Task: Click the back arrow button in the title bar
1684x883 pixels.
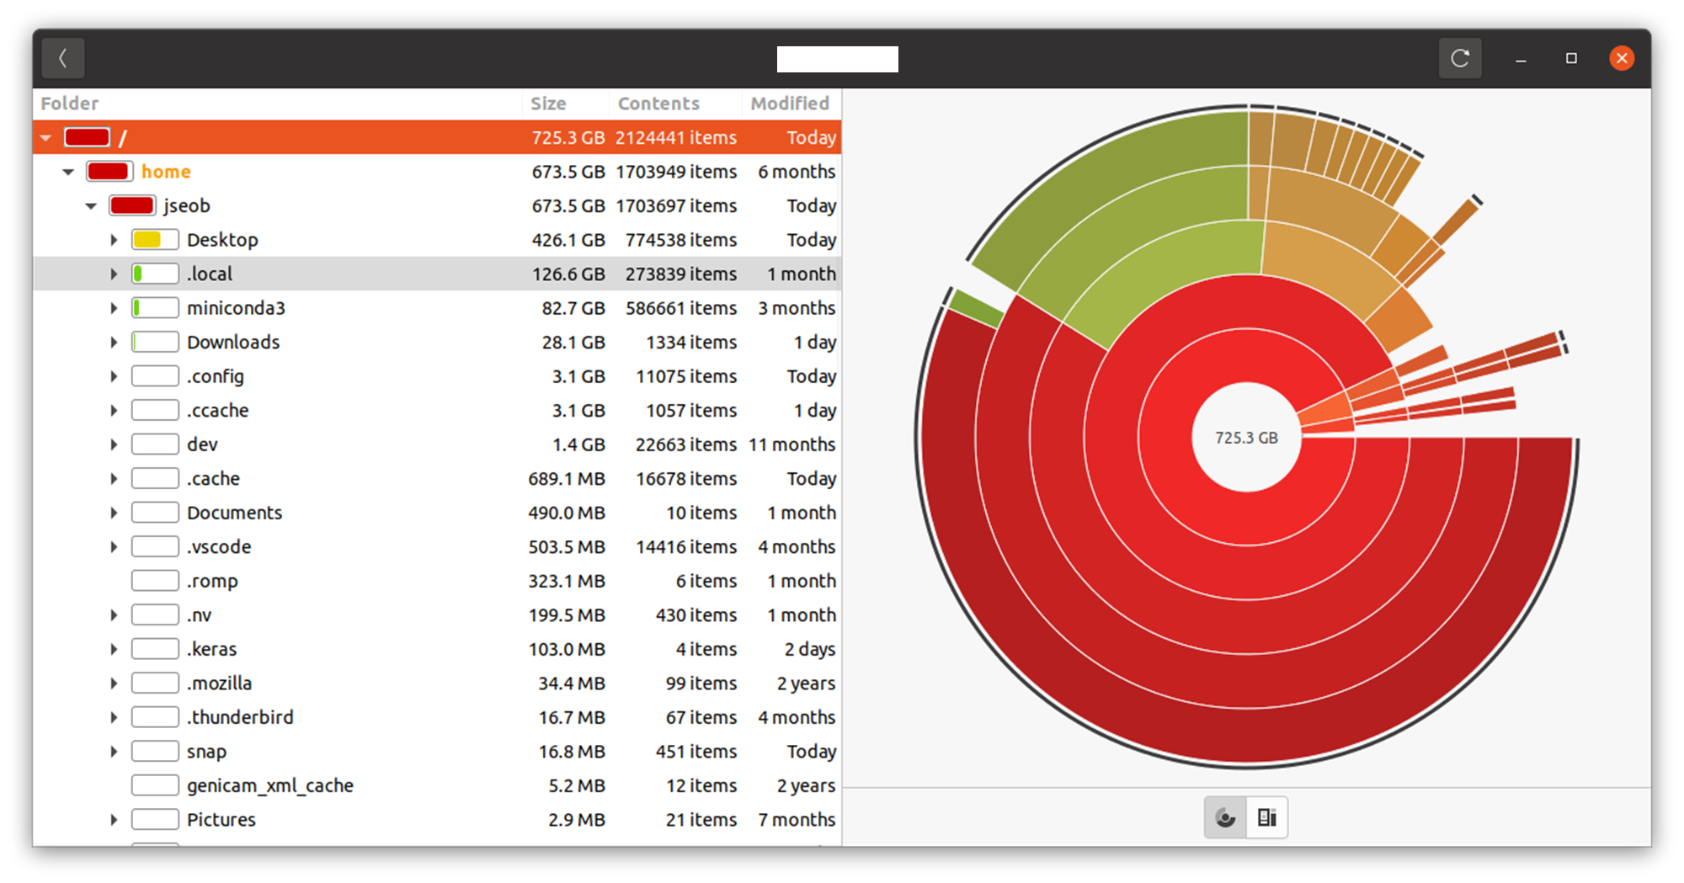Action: point(63,58)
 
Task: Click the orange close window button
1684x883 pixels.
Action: point(1622,58)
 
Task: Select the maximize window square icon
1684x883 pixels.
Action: point(1571,58)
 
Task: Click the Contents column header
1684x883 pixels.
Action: point(658,104)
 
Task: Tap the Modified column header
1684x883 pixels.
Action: point(790,104)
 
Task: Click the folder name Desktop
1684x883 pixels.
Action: point(222,240)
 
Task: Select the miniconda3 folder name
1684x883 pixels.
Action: point(236,308)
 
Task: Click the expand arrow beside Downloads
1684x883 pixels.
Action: point(114,342)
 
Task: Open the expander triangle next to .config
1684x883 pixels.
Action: point(114,376)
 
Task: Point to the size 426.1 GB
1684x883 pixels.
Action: point(568,240)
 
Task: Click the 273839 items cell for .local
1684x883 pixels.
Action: point(680,274)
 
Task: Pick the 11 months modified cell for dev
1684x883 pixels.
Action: point(792,444)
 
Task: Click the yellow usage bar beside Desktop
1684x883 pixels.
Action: point(147,240)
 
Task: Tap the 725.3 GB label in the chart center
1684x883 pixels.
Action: point(1246,438)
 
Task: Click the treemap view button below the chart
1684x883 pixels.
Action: point(1266,817)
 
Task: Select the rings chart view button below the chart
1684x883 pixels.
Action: point(1226,817)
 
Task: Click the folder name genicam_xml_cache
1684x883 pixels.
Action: point(270,785)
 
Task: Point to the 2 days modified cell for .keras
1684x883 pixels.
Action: point(810,649)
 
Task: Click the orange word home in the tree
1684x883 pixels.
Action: point(166,172)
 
